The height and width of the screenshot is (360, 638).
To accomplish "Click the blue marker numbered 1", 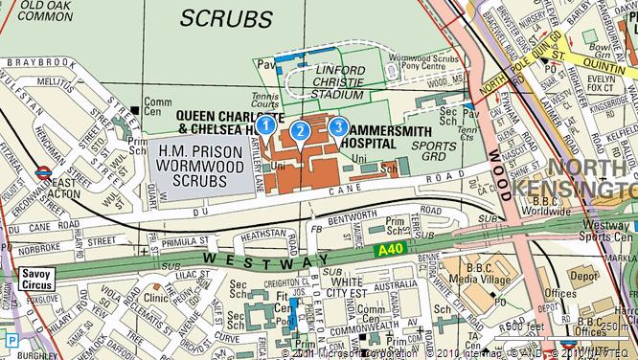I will coord(268,124).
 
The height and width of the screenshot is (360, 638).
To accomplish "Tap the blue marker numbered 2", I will coord(300,131).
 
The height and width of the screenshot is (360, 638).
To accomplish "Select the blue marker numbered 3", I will coord(337,125).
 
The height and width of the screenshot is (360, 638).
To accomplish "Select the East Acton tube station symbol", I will coord(42,173).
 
